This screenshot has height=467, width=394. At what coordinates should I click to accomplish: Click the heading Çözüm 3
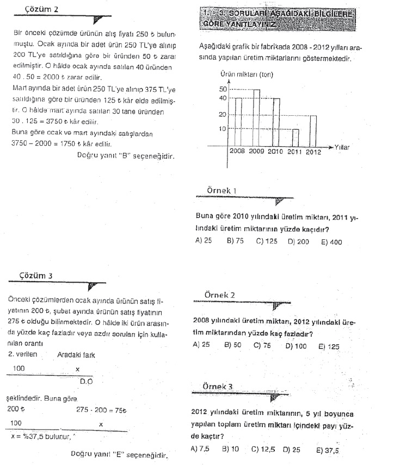[x=36, y=275]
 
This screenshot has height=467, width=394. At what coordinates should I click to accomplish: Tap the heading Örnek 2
[x=219, y=295]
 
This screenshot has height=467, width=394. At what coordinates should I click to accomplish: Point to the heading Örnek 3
[x=217, y=386]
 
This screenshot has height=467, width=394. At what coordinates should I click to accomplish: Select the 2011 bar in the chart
[x=295, y=136]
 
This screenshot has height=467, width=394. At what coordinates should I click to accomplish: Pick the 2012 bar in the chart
[x=313, y=130]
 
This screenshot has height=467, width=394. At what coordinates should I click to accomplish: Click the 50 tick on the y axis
[x=223, y=89]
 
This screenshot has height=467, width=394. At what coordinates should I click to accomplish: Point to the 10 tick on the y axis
[x=223, y=129]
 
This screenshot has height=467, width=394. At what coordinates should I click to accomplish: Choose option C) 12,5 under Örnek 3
[x=263, y=450]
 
